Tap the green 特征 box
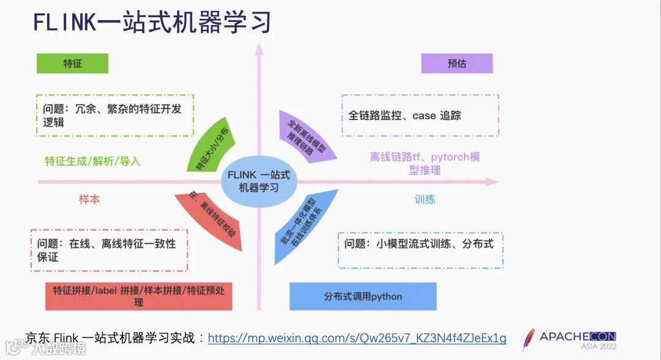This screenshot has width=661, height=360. (72, 64)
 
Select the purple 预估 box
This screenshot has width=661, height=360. (457, 64)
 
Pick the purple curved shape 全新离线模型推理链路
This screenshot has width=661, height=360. (305, 137)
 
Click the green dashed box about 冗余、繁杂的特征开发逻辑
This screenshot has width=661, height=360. (114, 115)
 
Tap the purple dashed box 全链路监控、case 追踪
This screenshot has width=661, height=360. (420, 115)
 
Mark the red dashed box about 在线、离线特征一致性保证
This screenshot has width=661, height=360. (108, 250)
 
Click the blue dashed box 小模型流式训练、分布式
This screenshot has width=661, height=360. (420, 250)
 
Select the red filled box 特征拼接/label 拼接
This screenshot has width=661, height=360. (138, 296)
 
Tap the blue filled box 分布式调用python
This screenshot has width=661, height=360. (363, 296)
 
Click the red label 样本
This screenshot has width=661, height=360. (89, 199)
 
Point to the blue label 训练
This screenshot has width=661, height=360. (425, 199)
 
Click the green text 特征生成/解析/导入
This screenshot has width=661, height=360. (92, 162)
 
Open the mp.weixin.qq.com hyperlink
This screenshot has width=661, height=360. (357, 338)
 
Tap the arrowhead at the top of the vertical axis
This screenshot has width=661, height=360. (259, 47)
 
